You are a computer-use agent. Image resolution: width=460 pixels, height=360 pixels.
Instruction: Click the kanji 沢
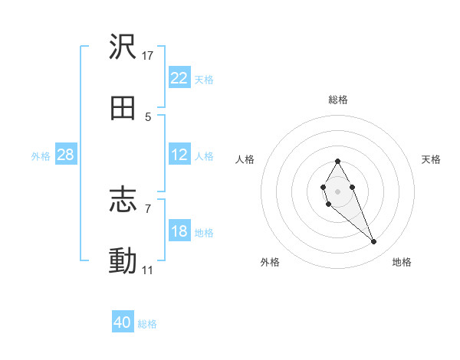[x=123, y=47]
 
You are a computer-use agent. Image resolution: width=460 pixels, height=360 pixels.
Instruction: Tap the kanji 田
[x=123, y=109]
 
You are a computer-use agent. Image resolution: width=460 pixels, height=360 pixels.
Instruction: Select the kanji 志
[x=123, y=201]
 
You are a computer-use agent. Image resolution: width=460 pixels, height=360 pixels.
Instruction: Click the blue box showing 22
[x=179, y=78]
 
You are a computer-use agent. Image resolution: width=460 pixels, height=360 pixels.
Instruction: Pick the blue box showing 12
[x=179, y=155]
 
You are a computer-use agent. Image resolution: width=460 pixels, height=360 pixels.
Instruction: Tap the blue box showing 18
[x=179, y=231]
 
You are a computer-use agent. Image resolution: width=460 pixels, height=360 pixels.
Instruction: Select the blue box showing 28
[x=65, y=155]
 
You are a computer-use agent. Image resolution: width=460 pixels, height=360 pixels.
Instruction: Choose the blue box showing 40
[x=123, y=322]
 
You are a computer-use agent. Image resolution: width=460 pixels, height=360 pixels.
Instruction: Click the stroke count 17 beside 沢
[x=148, y=56]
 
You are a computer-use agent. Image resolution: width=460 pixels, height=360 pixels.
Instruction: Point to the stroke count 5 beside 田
[x=148, y=117]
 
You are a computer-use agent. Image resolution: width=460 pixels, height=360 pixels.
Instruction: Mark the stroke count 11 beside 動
[x=148, y=270]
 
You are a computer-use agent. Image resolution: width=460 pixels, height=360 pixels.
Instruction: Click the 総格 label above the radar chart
[x=338, y=100]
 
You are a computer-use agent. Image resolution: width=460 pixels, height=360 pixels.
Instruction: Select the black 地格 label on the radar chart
[x=402, y=262]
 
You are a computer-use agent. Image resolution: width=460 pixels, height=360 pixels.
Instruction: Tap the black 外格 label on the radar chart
[x=270, y=262]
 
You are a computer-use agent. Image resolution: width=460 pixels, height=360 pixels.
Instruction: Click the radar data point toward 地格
[x=373, y=242]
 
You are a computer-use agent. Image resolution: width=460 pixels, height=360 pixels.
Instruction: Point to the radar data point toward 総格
[x=337, y=161]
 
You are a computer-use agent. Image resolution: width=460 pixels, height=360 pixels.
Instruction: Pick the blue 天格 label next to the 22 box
[x=203, y=79]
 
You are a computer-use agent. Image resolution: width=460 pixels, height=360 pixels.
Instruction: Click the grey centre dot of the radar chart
[x=337, y=190]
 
